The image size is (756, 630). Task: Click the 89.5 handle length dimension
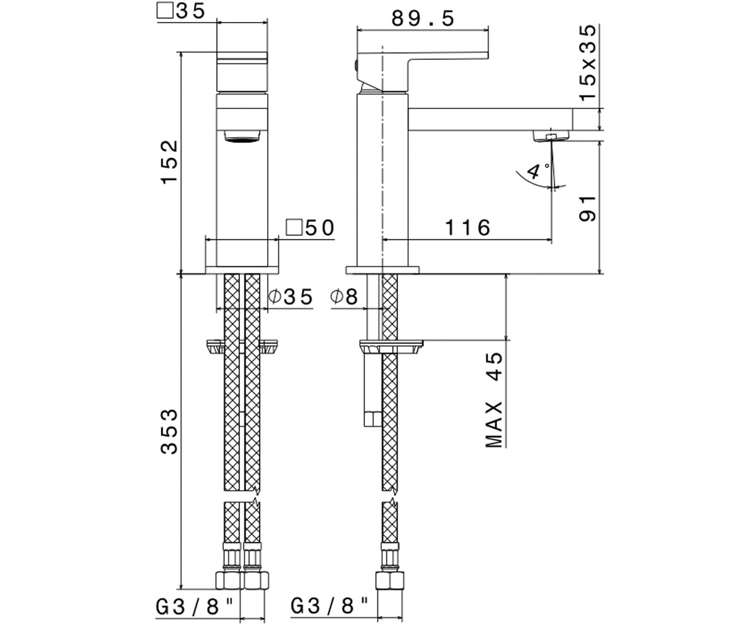(x=423, y=18)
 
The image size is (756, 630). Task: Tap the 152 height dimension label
(x=169, y=162)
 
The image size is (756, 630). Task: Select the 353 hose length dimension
(x=169, y=431)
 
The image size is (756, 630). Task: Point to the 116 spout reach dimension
(x=467, y=227)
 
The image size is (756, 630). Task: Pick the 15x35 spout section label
(x=587, y=62)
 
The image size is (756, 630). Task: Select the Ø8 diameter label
(x=344, y=297)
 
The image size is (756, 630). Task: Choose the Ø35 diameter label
(x=290, y=297)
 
